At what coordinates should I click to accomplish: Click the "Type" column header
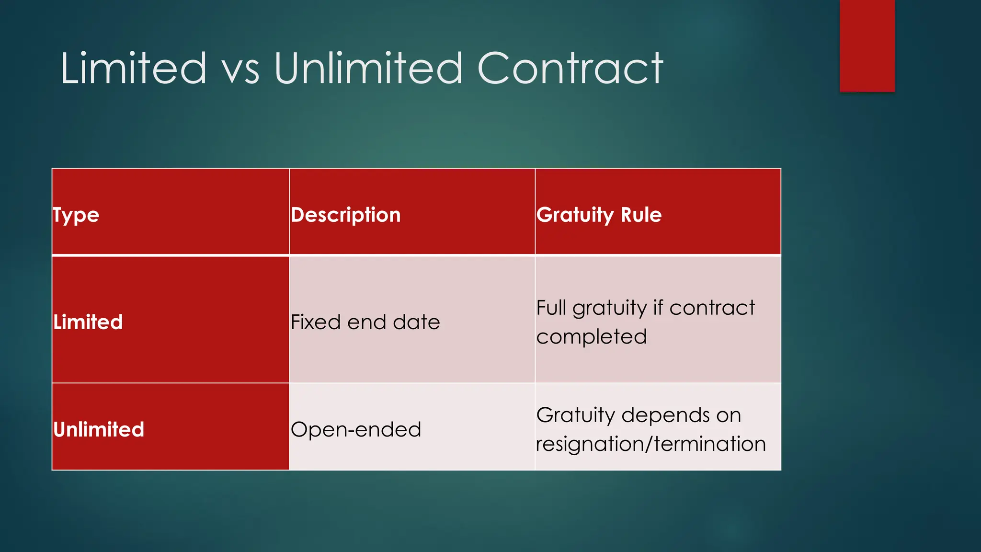click(x=76, y=215)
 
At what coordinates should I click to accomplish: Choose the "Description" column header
click(x=345, y=215)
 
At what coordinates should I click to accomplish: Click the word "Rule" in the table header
click(x=641, y=215)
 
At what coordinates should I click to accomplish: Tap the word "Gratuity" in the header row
click(x=575, y=215)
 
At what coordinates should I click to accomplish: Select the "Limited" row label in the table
click(x=88, y=322)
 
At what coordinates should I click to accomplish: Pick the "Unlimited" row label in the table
click(x=99, y=429)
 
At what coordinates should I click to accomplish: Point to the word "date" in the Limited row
click(x=416, y=322)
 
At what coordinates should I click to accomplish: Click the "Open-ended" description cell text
click(x=356, y=429)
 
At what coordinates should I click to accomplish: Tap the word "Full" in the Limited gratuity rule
click(x=551, y=308)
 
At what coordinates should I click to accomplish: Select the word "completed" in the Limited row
click(x=592, y=337)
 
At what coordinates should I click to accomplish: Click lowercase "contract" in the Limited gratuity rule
click(x=712, y=308)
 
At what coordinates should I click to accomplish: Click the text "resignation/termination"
click(x=651, y=444)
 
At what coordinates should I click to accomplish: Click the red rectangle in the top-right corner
click(x=867, y=46)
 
